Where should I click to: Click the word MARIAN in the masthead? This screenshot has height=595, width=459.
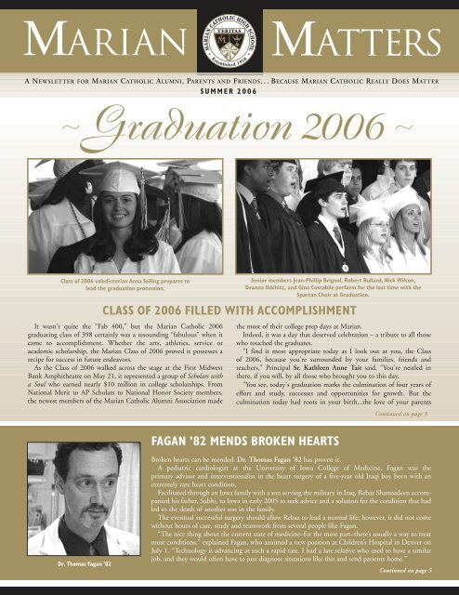point(96,40)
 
